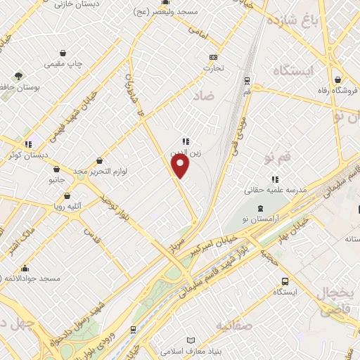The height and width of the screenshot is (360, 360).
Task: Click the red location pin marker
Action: click(x=181, y=166)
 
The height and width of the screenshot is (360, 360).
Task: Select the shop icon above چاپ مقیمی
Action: click(x=63, y=53)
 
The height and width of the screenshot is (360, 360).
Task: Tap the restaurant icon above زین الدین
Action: click(x=185, y=141)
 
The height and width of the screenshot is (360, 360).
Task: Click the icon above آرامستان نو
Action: click(x=261, y=208)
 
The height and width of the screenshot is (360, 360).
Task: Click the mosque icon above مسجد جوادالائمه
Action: click(x=25, y=268)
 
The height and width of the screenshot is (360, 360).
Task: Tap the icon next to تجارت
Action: click(x=213, y=58)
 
